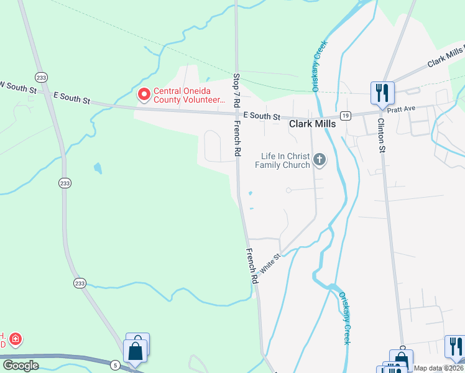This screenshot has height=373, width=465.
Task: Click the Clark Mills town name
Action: click(313, 124)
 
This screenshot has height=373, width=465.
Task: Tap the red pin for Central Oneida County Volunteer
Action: click(144, 94)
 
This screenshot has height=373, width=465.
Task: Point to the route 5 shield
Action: click(116, 365)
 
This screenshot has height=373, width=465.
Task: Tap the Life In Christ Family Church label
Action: click(285, 160)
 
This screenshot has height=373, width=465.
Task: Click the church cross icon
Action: click(320, 160)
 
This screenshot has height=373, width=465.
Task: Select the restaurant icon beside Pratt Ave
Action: click(380, 93)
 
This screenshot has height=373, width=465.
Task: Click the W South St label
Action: click(19, 87)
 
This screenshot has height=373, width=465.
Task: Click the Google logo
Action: click(21, 366)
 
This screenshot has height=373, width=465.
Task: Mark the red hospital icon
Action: click(16, 339)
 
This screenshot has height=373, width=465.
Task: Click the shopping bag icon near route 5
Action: click(136, 351)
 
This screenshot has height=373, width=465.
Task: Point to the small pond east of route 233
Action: click(98, 168)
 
